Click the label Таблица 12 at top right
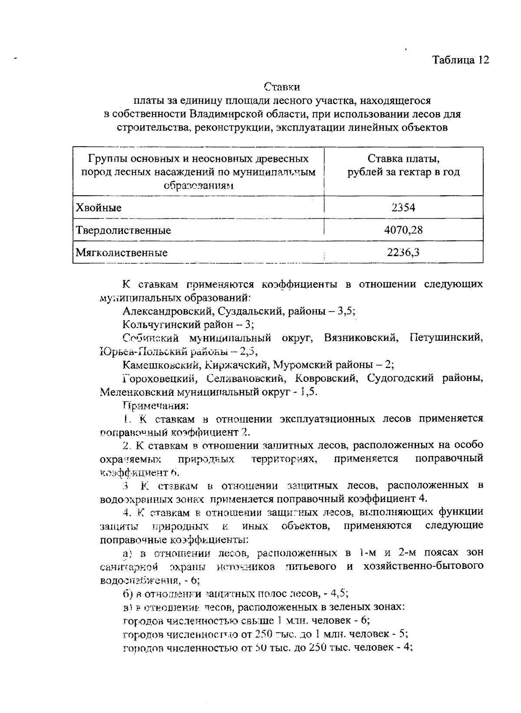pos(461,60)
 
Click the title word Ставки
pos(282,87)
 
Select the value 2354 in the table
pos(403,207)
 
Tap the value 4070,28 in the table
pos(403,230)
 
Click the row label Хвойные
pos(99,208)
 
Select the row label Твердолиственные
pos(123,230)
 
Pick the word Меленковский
pos(136,392)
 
